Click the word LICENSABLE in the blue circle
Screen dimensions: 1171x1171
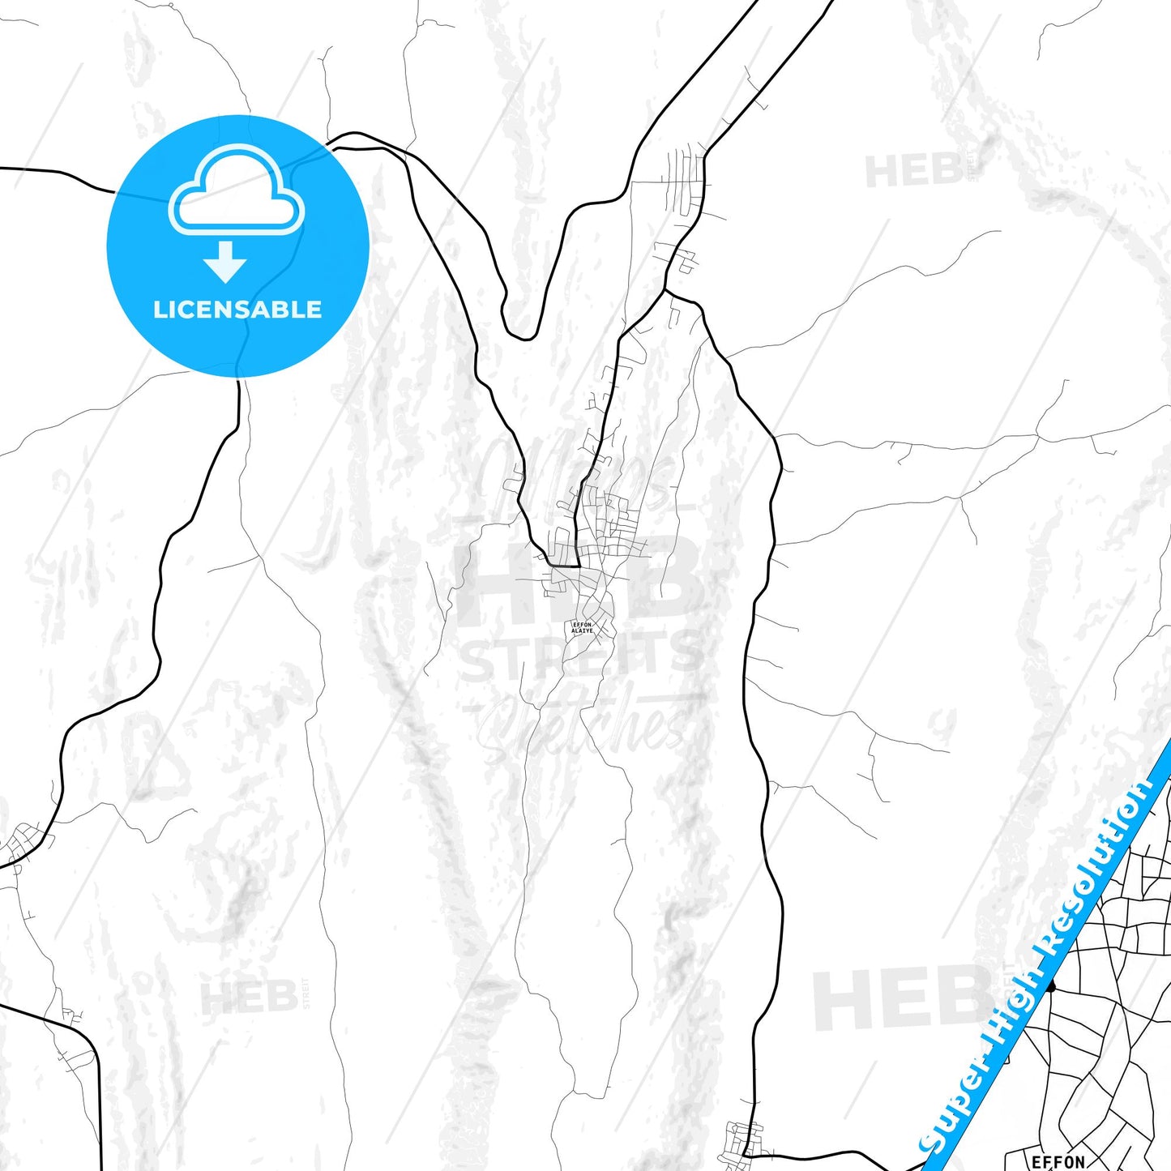237,310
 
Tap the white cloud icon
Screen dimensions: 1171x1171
236,191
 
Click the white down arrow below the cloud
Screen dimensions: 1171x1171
225,262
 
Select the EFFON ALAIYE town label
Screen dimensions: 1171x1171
582,627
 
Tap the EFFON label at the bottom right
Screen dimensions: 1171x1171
1058,1162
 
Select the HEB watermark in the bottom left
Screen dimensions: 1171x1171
249,997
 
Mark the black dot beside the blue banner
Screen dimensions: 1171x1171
1051,986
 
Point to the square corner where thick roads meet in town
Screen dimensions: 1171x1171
577,565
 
